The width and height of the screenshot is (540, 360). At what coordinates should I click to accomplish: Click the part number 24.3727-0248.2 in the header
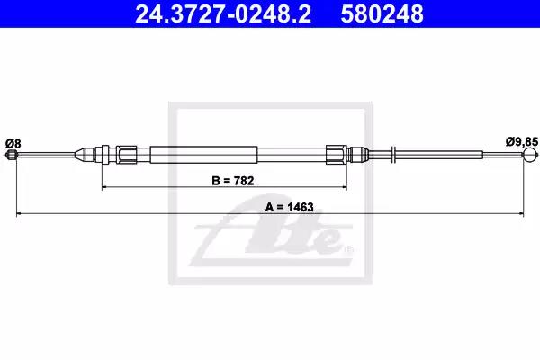pyautogui.click(x=223, y=13)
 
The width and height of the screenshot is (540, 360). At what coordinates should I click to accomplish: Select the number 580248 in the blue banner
pyautogui.click(x=382, y=13)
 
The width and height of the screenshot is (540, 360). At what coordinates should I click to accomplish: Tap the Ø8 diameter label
pyautogui.click(x=13, y=142)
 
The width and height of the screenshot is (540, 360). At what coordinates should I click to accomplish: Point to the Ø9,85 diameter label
pyautogui.click(x=521, y=141)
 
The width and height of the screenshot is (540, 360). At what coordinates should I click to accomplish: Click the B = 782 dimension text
pyautogui.click(x=233, y=181)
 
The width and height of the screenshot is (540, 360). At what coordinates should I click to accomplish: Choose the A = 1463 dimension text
pyautogui.click(x=290, y=207)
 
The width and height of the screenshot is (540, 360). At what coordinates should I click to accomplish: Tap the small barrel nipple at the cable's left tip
pyautogui.click(x=12, y=155)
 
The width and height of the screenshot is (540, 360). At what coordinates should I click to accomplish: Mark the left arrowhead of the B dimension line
pyautogui.click(x=104, y=187)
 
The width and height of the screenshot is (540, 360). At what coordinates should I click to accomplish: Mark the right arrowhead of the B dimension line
pyautogui.click(x=344, y=187)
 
